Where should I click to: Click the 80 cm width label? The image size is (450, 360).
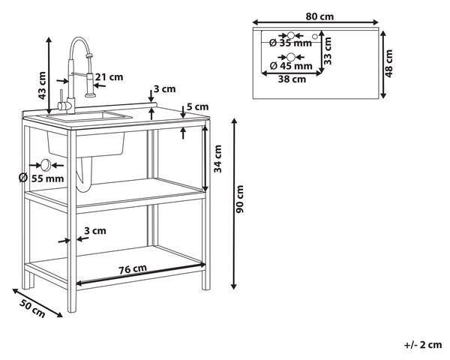[x=319, y=16]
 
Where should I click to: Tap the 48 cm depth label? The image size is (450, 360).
[x=388, y=64]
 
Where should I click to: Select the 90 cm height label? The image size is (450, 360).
[x=240, y=199]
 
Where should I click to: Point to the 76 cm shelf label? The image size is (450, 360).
[x=133, y=268]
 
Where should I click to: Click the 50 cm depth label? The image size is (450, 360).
[x=32, y=308]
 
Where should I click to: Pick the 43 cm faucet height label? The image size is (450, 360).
[x=42, y=85]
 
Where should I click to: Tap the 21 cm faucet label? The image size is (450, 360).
[x=109, y=77]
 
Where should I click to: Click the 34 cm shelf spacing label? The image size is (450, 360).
[x=217, y=159]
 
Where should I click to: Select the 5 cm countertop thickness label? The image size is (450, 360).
[x=197, y=106]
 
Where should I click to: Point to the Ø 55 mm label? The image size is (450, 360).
[x=41, y=178]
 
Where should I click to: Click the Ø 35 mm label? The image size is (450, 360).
[x=291, y=43]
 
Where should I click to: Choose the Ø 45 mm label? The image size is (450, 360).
[x=291, y=66]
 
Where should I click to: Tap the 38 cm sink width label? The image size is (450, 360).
[x=292, y=79]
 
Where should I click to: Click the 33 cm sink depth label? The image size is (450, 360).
[x=328, y=51]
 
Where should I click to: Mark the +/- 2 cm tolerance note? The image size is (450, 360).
[x=423, y=345]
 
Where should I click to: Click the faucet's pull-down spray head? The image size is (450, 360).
[x=90, y=85]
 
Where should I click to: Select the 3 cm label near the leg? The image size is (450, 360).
[x=95, y=230]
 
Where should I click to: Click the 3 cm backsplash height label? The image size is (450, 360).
[x=164, y=89]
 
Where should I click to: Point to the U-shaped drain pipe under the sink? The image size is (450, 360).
[x=84, y=175]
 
